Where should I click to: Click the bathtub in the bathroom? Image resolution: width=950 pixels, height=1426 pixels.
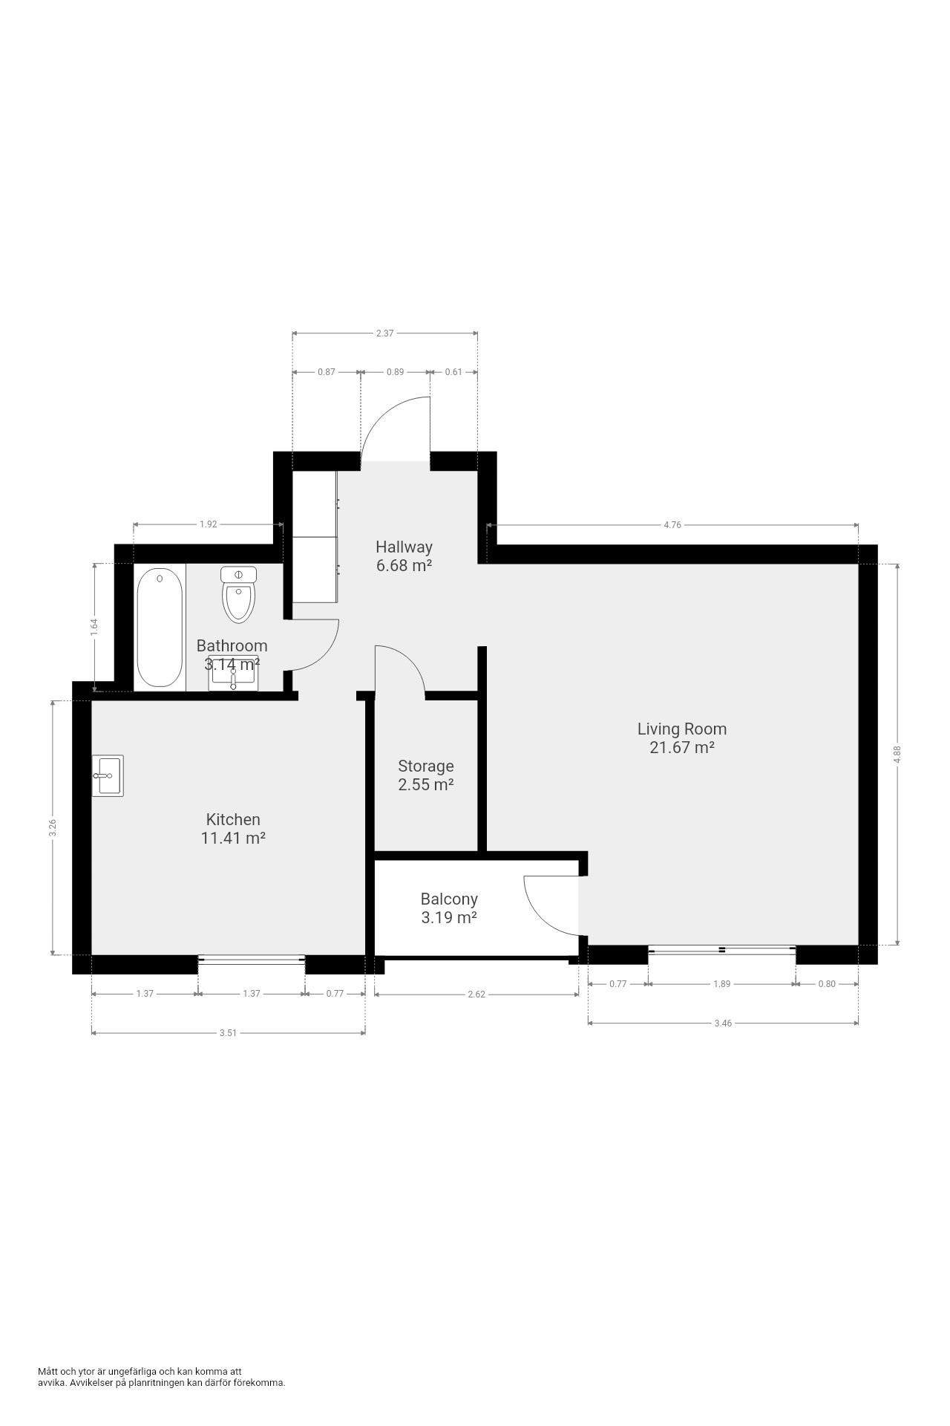160,628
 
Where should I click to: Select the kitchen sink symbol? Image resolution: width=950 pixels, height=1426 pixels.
108,775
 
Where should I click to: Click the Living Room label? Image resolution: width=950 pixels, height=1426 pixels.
682,729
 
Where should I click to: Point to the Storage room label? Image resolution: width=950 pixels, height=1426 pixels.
426,766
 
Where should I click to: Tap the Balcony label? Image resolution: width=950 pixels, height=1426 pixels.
449,899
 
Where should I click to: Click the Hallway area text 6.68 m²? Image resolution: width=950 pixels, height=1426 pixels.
404,565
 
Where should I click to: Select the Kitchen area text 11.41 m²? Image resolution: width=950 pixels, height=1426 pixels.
233,838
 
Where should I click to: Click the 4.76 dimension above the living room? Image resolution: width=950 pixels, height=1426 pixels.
672,525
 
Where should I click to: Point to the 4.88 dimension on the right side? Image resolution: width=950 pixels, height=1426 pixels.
898,755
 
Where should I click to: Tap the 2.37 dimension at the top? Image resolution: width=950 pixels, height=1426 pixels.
384,333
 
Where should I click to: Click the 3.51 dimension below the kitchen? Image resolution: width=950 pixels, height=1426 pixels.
228,1032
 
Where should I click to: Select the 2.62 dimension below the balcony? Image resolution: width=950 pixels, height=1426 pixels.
476,994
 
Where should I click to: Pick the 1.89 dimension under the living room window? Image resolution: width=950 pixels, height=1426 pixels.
721,983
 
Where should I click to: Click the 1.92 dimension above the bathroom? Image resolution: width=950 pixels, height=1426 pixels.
208,524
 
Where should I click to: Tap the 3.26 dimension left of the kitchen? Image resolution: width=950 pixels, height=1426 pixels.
52,828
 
